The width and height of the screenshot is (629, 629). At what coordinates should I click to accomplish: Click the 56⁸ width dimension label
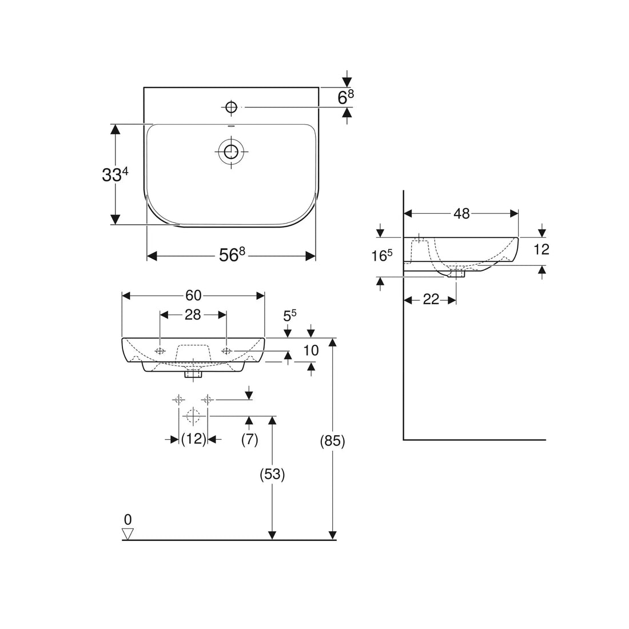[232, 254]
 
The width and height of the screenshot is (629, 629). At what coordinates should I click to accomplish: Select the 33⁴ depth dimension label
[115, 174]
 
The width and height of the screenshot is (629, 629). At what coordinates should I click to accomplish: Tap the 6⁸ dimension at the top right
[345, 97]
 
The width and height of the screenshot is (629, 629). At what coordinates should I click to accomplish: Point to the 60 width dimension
[193, 296]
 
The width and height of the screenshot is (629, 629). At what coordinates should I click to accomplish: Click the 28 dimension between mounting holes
[193, 315]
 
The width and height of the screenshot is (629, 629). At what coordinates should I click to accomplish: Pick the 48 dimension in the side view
[461, 213]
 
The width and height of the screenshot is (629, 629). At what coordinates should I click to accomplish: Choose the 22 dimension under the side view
[431, 299]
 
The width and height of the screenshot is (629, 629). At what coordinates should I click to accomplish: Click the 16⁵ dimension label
[381, 255]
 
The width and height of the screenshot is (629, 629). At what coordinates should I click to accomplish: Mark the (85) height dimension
[332, 441]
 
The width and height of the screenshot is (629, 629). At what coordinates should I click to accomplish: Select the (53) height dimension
[272, 474]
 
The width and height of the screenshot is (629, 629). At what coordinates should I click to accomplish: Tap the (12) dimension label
[193, 439]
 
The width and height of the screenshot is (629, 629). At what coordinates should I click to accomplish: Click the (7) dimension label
[249, 439]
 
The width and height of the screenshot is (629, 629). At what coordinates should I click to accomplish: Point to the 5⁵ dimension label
[290, 315]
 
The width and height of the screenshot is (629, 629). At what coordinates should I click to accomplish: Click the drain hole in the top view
[232, 152]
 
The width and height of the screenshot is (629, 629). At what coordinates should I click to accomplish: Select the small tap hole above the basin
[232, 107]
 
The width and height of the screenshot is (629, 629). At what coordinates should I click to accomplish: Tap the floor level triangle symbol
[128, 534]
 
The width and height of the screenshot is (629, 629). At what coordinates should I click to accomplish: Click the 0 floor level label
[128, 519]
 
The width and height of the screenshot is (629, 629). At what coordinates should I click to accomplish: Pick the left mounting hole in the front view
[160, 351]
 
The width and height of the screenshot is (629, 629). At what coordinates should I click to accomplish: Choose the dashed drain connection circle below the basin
[193, 416]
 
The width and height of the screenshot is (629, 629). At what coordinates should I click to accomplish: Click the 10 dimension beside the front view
[311, 350]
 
